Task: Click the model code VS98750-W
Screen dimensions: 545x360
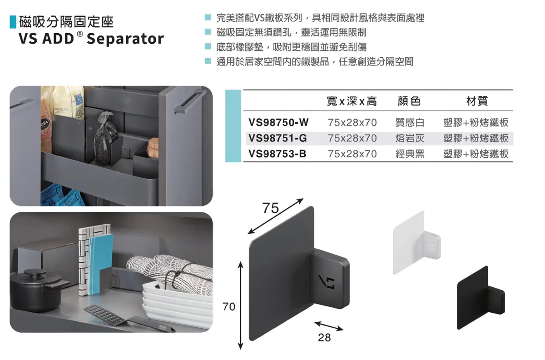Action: [x=278, y=122]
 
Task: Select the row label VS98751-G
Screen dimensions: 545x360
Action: [x=277, y=138]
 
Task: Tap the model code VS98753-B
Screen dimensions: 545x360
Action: [x=277, y=154]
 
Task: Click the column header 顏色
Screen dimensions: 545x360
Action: [x=409, y=101]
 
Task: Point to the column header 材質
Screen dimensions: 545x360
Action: [x=477, y=101]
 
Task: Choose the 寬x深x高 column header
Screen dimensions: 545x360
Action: [x=352, y=101]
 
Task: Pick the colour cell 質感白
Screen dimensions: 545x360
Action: [x=410, y=122]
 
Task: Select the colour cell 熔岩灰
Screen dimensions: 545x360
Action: [x=410, y=138]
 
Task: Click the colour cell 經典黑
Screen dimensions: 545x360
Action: [x=410, y=154]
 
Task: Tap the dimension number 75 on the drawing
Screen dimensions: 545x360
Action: [x=270, y=208]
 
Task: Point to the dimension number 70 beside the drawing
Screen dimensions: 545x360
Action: [x=229, y=306]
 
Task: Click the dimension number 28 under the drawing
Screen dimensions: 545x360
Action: [x=324, y=338]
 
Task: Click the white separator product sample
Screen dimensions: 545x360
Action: [x=416, y=242]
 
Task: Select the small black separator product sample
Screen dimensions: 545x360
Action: [x=481, y=298]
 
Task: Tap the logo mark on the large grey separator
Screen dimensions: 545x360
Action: [x=327, y=282]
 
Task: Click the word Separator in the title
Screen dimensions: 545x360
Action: [x=125, y=39]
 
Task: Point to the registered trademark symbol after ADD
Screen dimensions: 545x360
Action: [x=80, y=34]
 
